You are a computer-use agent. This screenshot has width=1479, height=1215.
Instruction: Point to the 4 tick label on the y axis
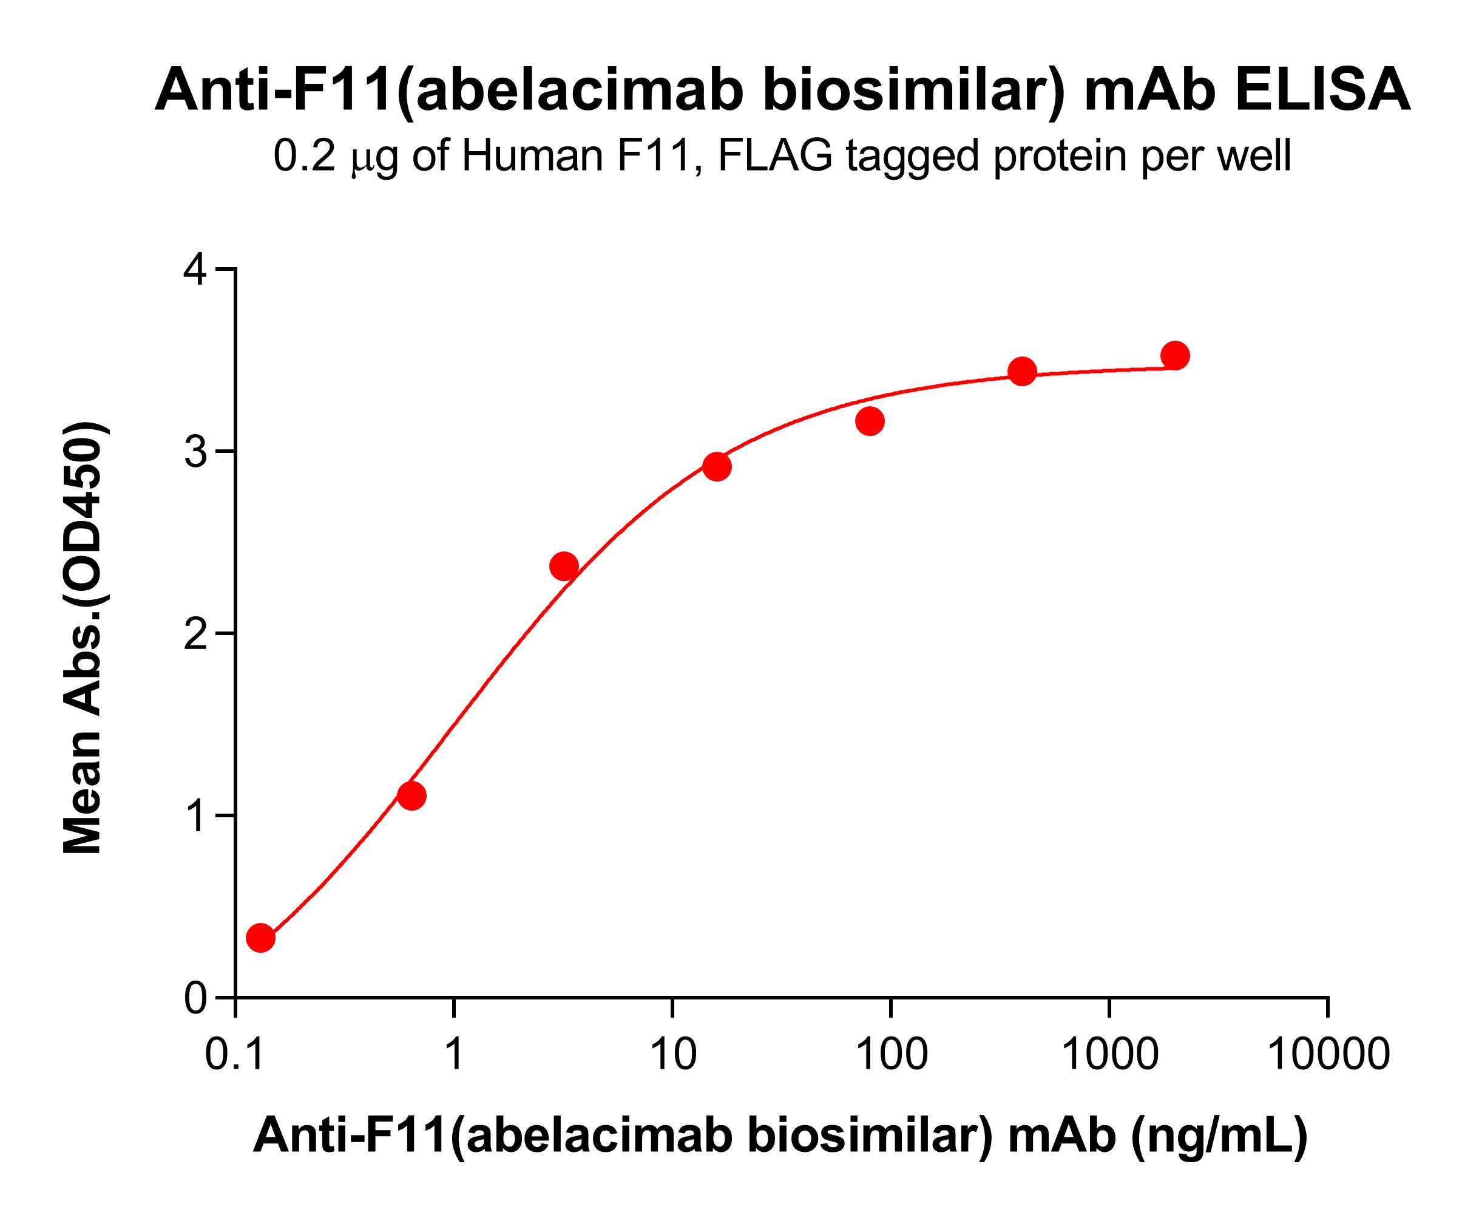pos(196,270)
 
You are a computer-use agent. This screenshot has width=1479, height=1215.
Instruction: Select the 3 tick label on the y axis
pos(196,452)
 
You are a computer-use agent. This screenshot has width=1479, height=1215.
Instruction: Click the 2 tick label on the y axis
pos(196,635)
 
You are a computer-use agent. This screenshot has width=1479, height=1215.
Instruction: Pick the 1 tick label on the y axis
pos(196,817)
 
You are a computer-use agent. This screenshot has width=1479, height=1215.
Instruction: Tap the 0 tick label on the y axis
pos(196,999)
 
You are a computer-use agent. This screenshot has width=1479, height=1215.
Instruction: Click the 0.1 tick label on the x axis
pos(235,1054)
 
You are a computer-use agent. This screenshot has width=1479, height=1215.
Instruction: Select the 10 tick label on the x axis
pos(672,1054)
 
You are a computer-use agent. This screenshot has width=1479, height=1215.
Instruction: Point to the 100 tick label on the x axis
pos(891,1054)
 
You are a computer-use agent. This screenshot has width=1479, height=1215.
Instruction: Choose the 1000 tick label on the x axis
pos(1109,1054)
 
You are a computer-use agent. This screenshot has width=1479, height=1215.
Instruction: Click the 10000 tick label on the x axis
pos(1328,1054)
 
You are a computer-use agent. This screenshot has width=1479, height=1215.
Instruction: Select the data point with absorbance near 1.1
pos(411,795)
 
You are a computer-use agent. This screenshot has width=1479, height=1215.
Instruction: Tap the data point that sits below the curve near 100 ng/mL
pos(870,421)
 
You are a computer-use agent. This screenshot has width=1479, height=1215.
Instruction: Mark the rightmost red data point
pos(1176,356)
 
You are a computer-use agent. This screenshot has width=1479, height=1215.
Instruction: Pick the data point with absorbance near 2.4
pos(564,565)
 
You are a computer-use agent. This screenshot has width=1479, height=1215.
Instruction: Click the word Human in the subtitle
pos(532,155)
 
